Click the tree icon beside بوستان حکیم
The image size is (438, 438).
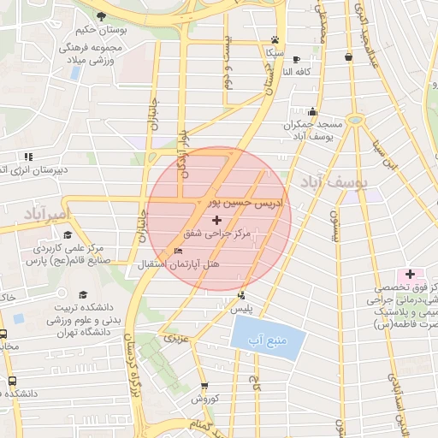coord(102,16)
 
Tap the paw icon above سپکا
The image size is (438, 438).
coord(274,39)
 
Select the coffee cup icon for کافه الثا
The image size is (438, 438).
coord(296,59)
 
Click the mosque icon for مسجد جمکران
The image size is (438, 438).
coord(313,111)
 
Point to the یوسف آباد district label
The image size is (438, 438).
coord(332,182)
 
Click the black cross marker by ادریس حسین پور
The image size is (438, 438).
coord(216,221)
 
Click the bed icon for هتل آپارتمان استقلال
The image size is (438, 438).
coord(178,251)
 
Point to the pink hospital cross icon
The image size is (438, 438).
coord(411,274)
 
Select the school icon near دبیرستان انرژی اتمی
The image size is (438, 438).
coord(28,157)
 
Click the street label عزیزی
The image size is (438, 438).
coord(172,338)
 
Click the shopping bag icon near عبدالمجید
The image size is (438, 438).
coord(348,57)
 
